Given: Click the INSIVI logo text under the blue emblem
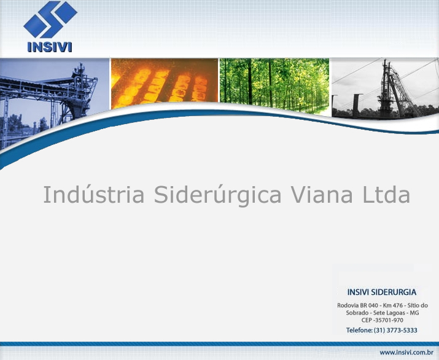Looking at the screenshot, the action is pyautogui.click(x=50, y=47).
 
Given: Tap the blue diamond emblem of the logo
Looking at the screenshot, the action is pyautogui.click(x=50, y=19).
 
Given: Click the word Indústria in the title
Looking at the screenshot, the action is pyautogui.click(x=94, y=194).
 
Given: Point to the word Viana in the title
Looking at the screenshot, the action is pyautogui.click(x=322, y=194).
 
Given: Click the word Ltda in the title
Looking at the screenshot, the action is pyautogui.click(x=386, y=194).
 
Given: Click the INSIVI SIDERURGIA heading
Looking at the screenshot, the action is pyautogui.click(x=382, y=292).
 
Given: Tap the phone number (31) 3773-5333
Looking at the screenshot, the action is pyautogui.click(x=395, y=331).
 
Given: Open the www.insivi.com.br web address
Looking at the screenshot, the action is pyautogui.click(x=406, y=353).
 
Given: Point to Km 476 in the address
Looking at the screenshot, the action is pyautogui.click(x=393, y=305).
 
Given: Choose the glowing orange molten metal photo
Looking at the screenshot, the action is pyautogui.click(x=165, y=83).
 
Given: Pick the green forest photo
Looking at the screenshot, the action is pyautogui.click(x=274, y=86).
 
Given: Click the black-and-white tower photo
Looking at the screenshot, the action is pyautogui.click(x=385, y=88).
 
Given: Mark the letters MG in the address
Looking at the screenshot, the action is pyautogui.click(x=414, y=313).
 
